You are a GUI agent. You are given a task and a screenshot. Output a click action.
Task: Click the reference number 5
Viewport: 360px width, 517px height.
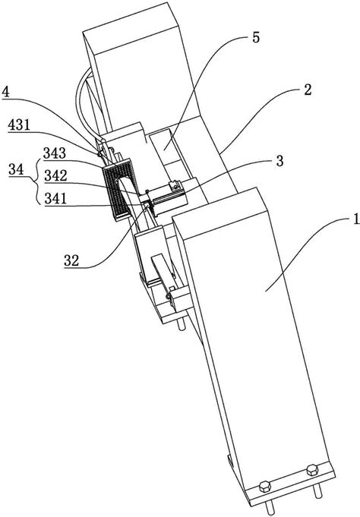click(256, 38)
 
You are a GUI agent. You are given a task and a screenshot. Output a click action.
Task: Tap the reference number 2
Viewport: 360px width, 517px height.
click(308, 90)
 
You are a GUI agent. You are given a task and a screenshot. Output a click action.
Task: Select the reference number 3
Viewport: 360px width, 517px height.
click(279, 161)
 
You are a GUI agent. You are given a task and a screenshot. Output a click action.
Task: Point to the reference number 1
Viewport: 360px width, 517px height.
click(356, 219)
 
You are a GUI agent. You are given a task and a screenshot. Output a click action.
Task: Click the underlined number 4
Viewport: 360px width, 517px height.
click(5, 92)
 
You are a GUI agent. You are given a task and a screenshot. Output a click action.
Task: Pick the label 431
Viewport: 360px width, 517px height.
click(19, 125)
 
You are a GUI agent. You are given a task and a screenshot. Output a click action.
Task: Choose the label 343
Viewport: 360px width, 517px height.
click(55, 153)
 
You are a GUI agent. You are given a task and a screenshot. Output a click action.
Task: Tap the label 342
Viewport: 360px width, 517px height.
click(55, 175)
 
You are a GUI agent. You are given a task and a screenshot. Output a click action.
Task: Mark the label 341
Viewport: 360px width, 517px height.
click(55, 199)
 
